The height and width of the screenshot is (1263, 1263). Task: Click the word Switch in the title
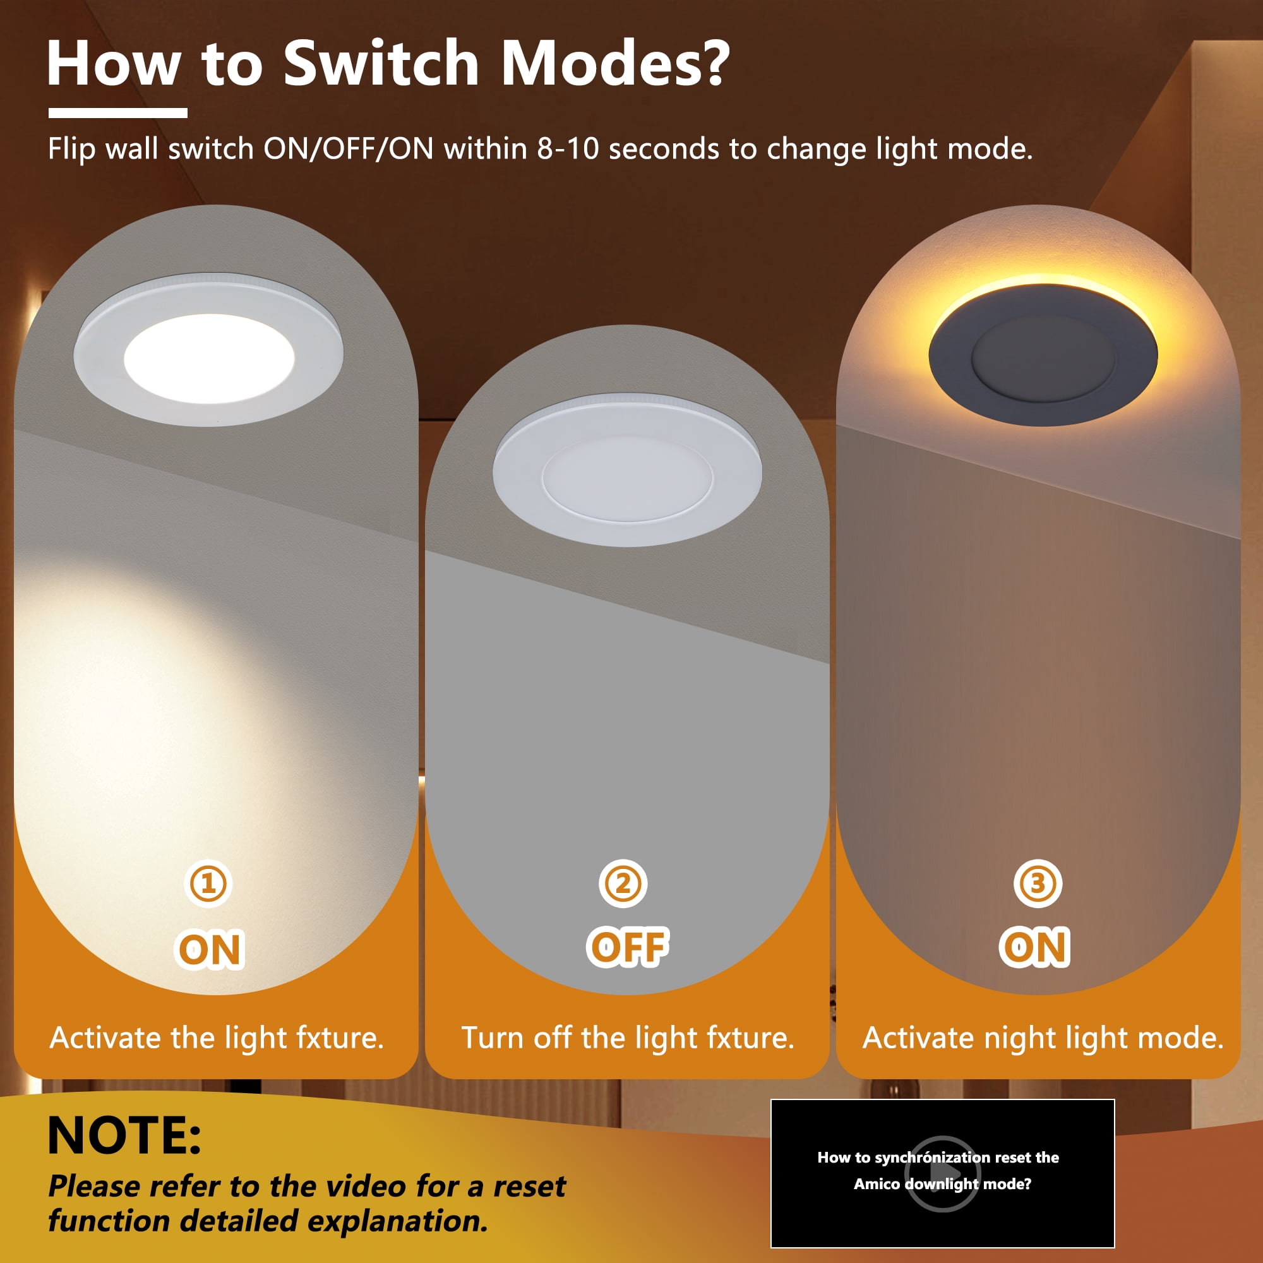(381, 63)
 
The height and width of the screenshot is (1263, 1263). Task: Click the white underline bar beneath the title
(117, 113)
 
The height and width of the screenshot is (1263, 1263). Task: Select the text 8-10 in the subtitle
(568, 149)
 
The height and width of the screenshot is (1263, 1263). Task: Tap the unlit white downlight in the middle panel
(627, 470)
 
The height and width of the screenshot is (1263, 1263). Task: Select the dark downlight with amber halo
(1043, 354)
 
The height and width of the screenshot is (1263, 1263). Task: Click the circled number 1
(208, 884)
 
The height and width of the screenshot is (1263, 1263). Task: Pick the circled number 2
(623, 884)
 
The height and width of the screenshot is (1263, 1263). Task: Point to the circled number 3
(1038, 884)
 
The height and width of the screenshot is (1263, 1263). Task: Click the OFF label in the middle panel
(628, 947)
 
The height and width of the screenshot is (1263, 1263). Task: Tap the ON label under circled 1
(210, 949)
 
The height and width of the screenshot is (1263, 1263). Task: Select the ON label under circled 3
(1035, 947)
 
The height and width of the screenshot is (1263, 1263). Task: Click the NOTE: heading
(124, 1135)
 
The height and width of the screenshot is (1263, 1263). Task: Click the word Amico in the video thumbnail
(877, 1184)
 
